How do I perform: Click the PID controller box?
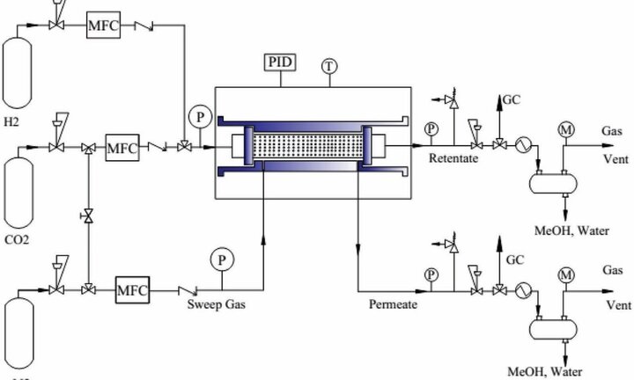click(280, 63)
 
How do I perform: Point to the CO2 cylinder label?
click(18, 237)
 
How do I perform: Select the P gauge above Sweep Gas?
click(219, 259)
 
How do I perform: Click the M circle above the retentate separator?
click(565, 131)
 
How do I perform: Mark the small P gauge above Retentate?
click(432, 129)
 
